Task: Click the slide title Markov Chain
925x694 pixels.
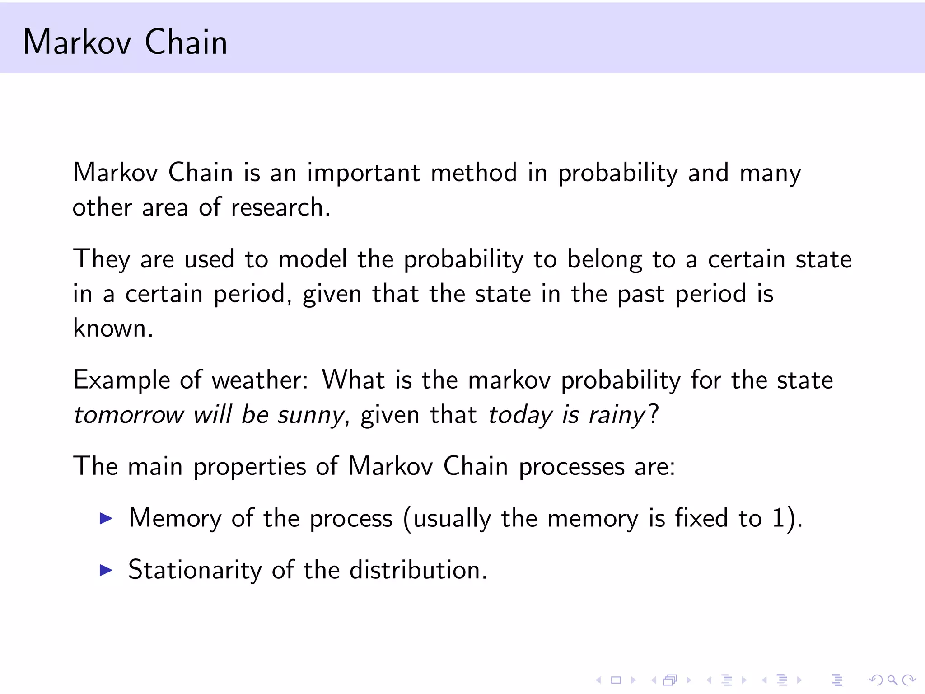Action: (x=125, y=42)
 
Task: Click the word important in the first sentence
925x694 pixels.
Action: (x=364, y=173)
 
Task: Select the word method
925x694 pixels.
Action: (x=474, y=173)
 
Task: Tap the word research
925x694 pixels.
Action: (x=280, y=208)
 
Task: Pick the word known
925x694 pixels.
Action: (x=112, y=328)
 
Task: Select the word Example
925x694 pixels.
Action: (x=121, y=380)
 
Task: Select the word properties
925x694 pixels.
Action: (x=250, y=467)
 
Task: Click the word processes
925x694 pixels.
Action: (x=571, y=467)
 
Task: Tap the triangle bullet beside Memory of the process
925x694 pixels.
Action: (x=106, y=518)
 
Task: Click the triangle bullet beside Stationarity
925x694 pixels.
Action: (x=106, y=570)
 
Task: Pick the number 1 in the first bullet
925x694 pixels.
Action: (x=778, y=518)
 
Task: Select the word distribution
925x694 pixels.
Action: (x=418, y=570)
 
